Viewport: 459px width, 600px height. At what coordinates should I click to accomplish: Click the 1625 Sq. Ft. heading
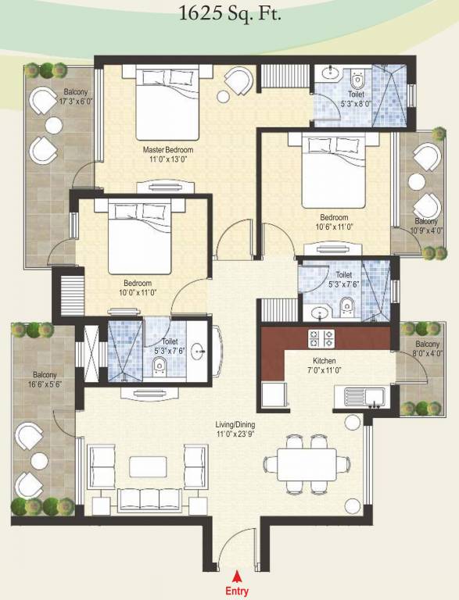coord(228,12)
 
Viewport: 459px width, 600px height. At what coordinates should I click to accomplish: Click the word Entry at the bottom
coord(236,591)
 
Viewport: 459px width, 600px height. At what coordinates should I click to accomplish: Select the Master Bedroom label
coord(167,149)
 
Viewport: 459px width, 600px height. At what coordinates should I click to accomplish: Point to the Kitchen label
coord(325,361)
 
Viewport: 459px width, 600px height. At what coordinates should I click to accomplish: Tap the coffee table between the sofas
coord(149,466)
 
